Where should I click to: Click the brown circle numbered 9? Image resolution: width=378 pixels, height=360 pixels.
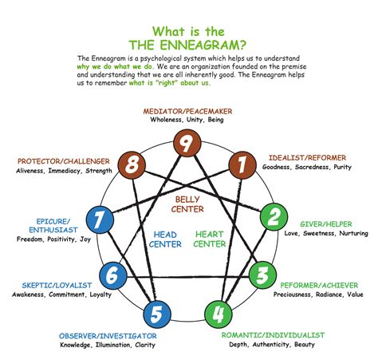click(189, 144)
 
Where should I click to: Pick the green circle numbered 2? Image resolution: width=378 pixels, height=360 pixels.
click(274, 217)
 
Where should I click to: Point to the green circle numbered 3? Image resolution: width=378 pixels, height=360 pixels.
click(262, 276)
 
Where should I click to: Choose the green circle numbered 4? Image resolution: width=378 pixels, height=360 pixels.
click(219, 311)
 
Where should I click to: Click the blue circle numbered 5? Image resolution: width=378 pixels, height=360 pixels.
click(159, 311)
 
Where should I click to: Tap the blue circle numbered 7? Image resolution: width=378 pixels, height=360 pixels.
click(100, 218)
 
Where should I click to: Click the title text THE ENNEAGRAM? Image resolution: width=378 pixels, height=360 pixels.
click(188, 42)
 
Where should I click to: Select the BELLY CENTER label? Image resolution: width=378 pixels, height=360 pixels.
click(188, 204)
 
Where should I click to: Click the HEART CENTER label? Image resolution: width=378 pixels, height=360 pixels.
click(211, 239)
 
